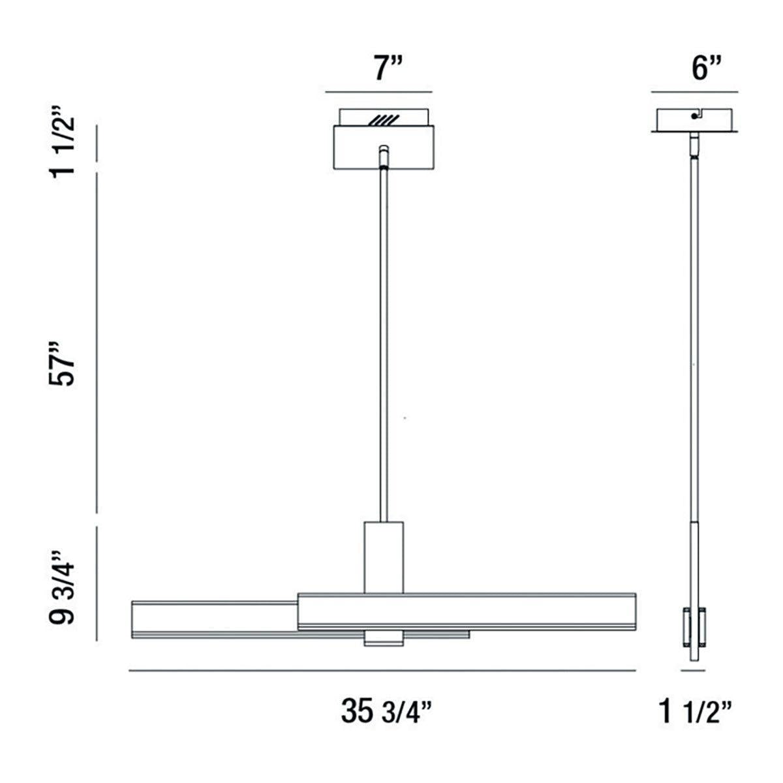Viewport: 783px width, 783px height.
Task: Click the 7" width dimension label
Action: [390, 69]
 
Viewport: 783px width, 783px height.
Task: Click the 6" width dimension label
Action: [707, 69]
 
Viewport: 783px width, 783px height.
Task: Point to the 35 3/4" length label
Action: [387, 711]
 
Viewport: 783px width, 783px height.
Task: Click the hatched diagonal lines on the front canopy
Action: [383, 120]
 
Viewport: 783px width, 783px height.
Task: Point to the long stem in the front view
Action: [383, 339]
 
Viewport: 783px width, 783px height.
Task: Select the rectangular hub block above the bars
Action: [383, 556]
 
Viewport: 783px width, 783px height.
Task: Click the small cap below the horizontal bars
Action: [383, 639]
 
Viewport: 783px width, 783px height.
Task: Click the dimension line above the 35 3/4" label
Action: [382, 670]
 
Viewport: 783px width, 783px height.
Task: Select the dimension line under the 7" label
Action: [378, 91]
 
